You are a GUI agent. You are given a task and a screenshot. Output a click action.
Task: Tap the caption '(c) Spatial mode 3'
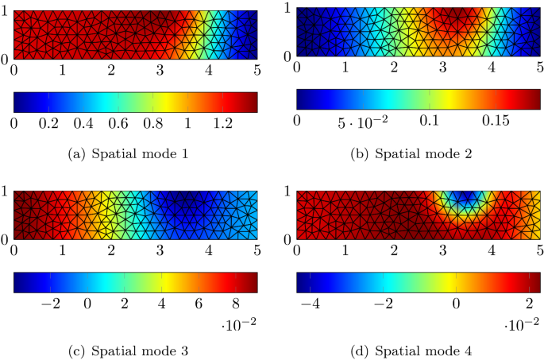pos(136,350)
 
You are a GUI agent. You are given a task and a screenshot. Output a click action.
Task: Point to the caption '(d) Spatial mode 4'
pos(418,350)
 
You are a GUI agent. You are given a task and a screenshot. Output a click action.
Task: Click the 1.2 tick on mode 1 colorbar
pos(223,124)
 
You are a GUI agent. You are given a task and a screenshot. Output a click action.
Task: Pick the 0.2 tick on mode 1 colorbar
pos(49,124)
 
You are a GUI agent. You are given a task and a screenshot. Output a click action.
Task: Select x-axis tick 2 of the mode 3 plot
pos(111,251)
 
